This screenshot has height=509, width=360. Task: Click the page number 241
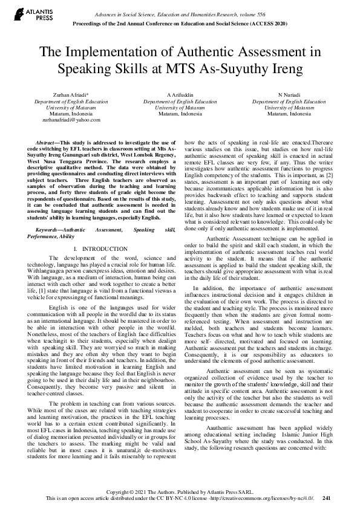327,499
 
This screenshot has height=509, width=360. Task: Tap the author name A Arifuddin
180,96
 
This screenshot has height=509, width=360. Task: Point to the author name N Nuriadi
289,96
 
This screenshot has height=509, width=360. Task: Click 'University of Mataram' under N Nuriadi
289,108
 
